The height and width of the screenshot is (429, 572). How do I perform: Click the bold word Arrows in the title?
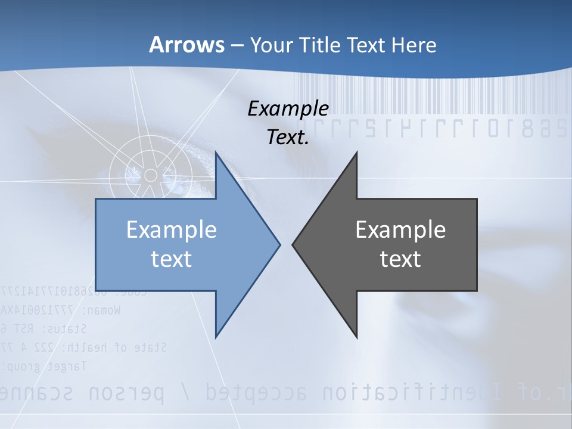(187, 45)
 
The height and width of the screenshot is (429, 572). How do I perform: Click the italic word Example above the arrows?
(288, 109)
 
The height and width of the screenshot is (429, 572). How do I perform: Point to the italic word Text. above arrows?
(288, 138)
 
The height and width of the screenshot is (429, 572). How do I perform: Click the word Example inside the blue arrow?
(172, 230)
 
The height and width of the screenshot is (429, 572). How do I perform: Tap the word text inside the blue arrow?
(172, 259)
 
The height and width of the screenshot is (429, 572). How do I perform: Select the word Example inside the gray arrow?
(400, 230)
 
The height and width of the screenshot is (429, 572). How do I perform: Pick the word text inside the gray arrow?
(400, 259)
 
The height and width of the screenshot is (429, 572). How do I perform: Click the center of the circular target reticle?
(151, 175)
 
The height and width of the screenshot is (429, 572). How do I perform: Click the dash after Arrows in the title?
(236, 45)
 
